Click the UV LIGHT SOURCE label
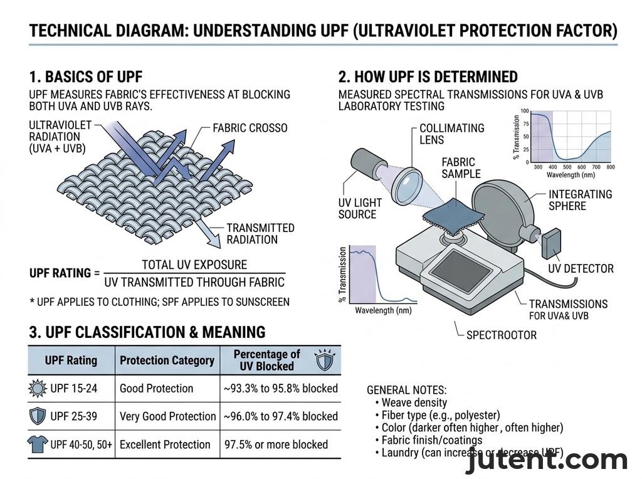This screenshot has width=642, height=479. point(359,209)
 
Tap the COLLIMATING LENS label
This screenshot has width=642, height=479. point(451,134)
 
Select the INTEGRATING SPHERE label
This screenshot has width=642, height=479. point(580,200)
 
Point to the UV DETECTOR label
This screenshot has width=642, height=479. point(581,269)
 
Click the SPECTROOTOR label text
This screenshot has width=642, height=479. point(502,335)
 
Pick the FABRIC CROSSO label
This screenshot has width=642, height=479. point(250,128)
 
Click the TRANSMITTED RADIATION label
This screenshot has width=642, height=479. point(260,234)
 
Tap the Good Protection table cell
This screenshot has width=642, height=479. point(156,388)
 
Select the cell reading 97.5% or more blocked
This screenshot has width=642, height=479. point(276,445)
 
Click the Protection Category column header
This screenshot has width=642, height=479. point(167,361)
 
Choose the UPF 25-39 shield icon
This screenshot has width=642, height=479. point(38,416)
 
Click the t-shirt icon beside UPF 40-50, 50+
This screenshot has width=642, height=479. point(38,445)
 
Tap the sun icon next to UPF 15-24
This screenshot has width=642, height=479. point(38,389)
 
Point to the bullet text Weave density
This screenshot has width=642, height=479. point(414,403)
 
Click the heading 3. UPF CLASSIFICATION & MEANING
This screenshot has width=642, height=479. point(147,332)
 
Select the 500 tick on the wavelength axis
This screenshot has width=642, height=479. point(567,167)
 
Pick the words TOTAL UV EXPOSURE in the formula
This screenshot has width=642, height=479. point(194,265)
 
